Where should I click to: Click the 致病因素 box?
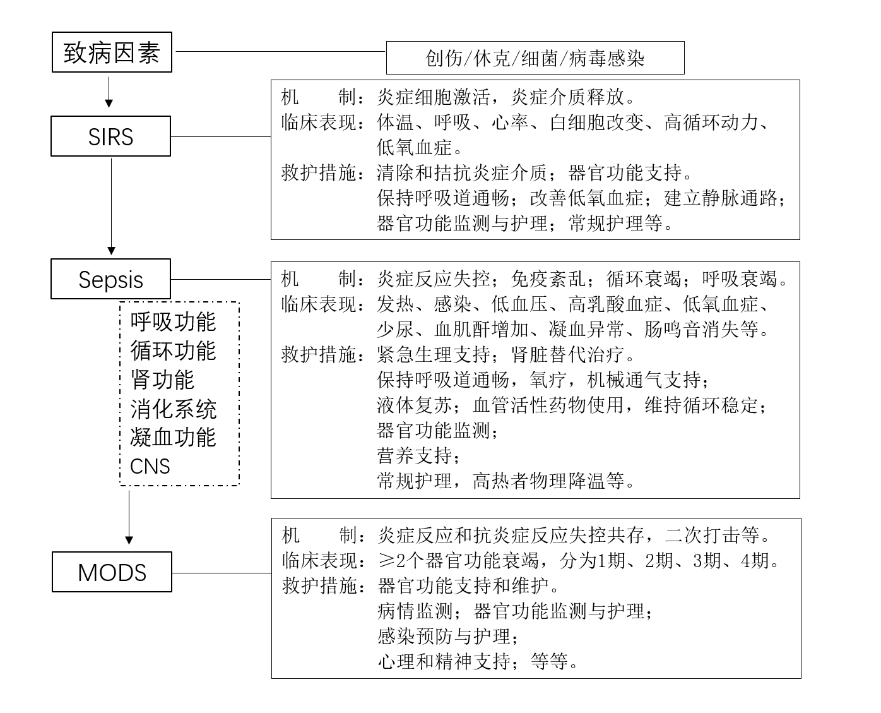pyautogui.click(x=112, y=52)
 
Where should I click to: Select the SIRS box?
pyautogui.click(x=110, y=136)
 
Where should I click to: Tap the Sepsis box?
pyautogui.click(x=110, y=279)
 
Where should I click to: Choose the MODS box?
pyautogui.click(x=112, y=572)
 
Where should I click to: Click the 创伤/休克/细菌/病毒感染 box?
pyautogui.click(x=535, y=58)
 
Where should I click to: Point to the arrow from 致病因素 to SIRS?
pyautogui.click(x=109, y=92)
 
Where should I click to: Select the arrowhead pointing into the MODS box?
pyautogui.click(x=129, y=540)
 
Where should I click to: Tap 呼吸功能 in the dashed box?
pyautogui.click(x=173, y=321)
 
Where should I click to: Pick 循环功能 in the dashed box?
pyautogui.click(x=173, y=351)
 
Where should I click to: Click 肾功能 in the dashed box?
pyautogui.click(x=162, y=380)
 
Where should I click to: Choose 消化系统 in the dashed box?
pyautogui.click(x=173, y=409)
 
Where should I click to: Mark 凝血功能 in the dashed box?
pyautogui.click(x=173, y=437)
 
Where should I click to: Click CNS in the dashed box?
pyautogui.click(x=150, y=466)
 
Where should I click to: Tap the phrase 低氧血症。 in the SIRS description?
pyautogui.click(x=420, y=147)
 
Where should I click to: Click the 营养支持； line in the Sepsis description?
pyautogui.click(x=419, y=455)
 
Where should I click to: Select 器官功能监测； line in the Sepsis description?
pyautogui.click(x=438, y=430)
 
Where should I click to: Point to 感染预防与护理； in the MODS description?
pyautogui.click(x=448, y=636)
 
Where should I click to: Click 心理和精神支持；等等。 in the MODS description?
pyautogui.click(x=477, y=661)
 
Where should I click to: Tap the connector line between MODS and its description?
pyautogui.click(x=222, y=573)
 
